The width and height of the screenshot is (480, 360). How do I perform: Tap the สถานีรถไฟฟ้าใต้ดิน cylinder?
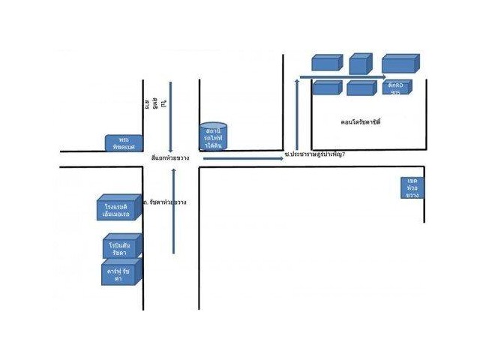(214, 136)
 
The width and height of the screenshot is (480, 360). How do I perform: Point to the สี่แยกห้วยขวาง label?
(170, 158)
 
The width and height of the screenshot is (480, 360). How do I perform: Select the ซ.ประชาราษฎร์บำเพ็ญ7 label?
(315, 154)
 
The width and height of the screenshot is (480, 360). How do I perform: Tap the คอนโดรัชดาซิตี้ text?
(360, 121)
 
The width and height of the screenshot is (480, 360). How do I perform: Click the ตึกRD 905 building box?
(397, 88)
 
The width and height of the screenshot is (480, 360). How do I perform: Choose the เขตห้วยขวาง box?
(412, 187)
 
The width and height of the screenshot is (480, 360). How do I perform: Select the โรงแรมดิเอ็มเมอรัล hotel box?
(116, 209)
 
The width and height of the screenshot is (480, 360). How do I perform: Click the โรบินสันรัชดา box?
(120, 249)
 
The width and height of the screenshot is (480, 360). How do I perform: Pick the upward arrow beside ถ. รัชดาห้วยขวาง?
(174, 210)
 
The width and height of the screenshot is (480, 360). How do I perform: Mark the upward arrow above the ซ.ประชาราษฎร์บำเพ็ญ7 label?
(297, 112)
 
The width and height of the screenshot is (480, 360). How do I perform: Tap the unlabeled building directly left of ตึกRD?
(361, 88)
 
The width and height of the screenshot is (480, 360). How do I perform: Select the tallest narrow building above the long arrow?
(360, 63)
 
